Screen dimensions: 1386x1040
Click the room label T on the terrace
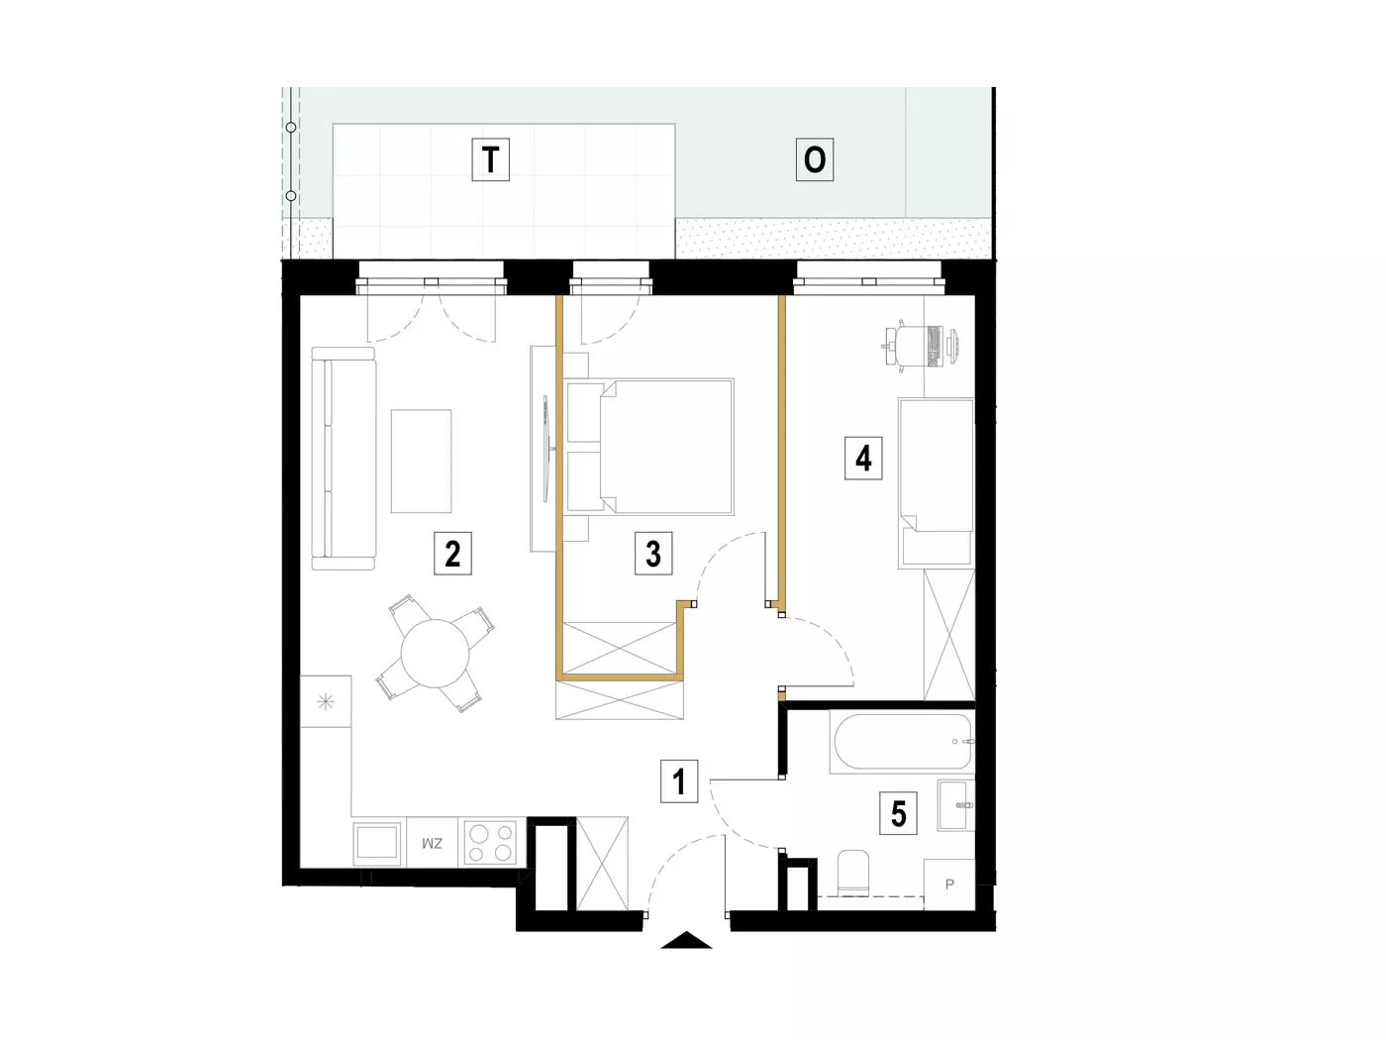[x=491, y=159]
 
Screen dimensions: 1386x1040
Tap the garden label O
[x=814, y=159]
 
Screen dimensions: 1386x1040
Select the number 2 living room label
[x=452, y=553]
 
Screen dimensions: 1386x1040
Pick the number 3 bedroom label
[x=653, y=553]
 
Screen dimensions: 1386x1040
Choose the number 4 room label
[x=863, y=458]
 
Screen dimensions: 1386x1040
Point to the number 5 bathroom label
[x=898, y=813]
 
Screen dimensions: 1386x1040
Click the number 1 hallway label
[x=679, y=781]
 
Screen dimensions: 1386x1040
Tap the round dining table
[x=435, y=654]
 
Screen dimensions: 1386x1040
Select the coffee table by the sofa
[x=421, y=461]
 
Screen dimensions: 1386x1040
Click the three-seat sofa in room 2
[x=344, y=459]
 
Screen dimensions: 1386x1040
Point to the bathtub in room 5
[x=902, y=742]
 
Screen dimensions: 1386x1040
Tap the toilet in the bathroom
[x=853, y=872]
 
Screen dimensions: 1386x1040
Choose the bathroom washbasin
[x=956, y=805]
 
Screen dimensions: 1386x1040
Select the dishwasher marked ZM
[x=433, y=842]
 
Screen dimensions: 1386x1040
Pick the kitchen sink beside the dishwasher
[x=377, y=843]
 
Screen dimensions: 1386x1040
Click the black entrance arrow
[x=686, y=940]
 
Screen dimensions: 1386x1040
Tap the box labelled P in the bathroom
[x=949, y=884]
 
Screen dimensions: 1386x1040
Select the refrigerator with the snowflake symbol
[x=326, y=701]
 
